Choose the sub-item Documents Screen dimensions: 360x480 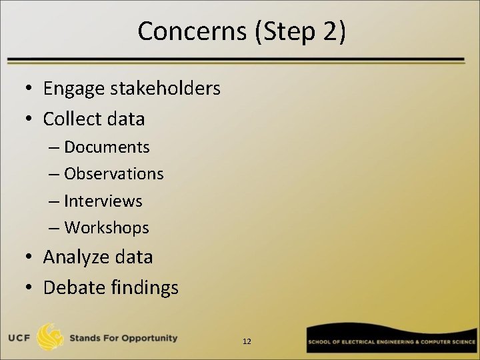(107, 147)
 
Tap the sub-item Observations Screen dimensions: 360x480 (114, 174)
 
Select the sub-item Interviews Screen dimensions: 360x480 (103, 201)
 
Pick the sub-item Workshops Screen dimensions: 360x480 (107, 228)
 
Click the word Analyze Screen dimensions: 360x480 (74, 257)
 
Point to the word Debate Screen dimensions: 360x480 (69, 287)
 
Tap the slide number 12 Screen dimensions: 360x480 (247, 341)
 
